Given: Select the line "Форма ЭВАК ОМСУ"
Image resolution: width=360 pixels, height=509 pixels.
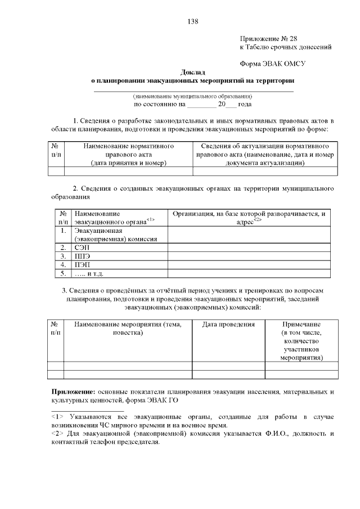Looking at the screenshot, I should (x=272, y=64).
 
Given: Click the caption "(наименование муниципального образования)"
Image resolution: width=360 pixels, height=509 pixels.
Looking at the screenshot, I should (x=192, y=96).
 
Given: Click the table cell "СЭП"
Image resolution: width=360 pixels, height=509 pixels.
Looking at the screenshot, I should (x=82, y=247).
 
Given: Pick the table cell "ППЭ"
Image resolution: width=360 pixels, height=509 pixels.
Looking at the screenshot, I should (x=83, y=256).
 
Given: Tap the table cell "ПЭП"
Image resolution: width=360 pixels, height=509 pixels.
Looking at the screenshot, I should (x=83, y=264).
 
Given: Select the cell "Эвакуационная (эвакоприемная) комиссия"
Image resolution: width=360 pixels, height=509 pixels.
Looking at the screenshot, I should (x=115, y=235).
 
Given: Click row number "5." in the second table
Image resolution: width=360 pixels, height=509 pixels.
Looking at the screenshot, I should (x=64, y=273).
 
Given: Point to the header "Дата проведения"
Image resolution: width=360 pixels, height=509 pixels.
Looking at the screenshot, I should (x=228, y=325).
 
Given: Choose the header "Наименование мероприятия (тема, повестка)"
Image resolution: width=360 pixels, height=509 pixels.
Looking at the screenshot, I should (x=128, y=328).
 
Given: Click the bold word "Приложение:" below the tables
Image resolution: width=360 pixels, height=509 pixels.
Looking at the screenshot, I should (x=74, y=391).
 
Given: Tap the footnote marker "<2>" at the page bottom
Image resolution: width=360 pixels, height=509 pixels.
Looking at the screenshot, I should (x=57, y=434).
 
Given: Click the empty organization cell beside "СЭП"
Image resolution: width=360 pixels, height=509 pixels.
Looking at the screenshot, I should (x=249, y=247).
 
